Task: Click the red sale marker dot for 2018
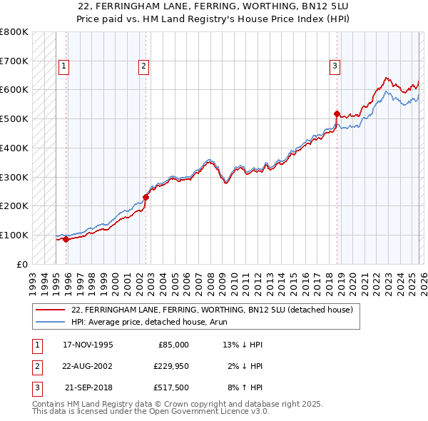pos(337,113)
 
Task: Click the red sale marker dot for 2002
pos(146,197)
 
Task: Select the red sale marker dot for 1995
pos(66,240)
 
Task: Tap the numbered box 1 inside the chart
pos(63,66)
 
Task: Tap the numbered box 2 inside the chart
pos(143,66)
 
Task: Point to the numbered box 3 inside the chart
pos(335,66)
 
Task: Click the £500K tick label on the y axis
pos(14,118)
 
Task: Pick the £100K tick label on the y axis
pos(14,235)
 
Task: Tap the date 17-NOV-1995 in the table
pos(88,345)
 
